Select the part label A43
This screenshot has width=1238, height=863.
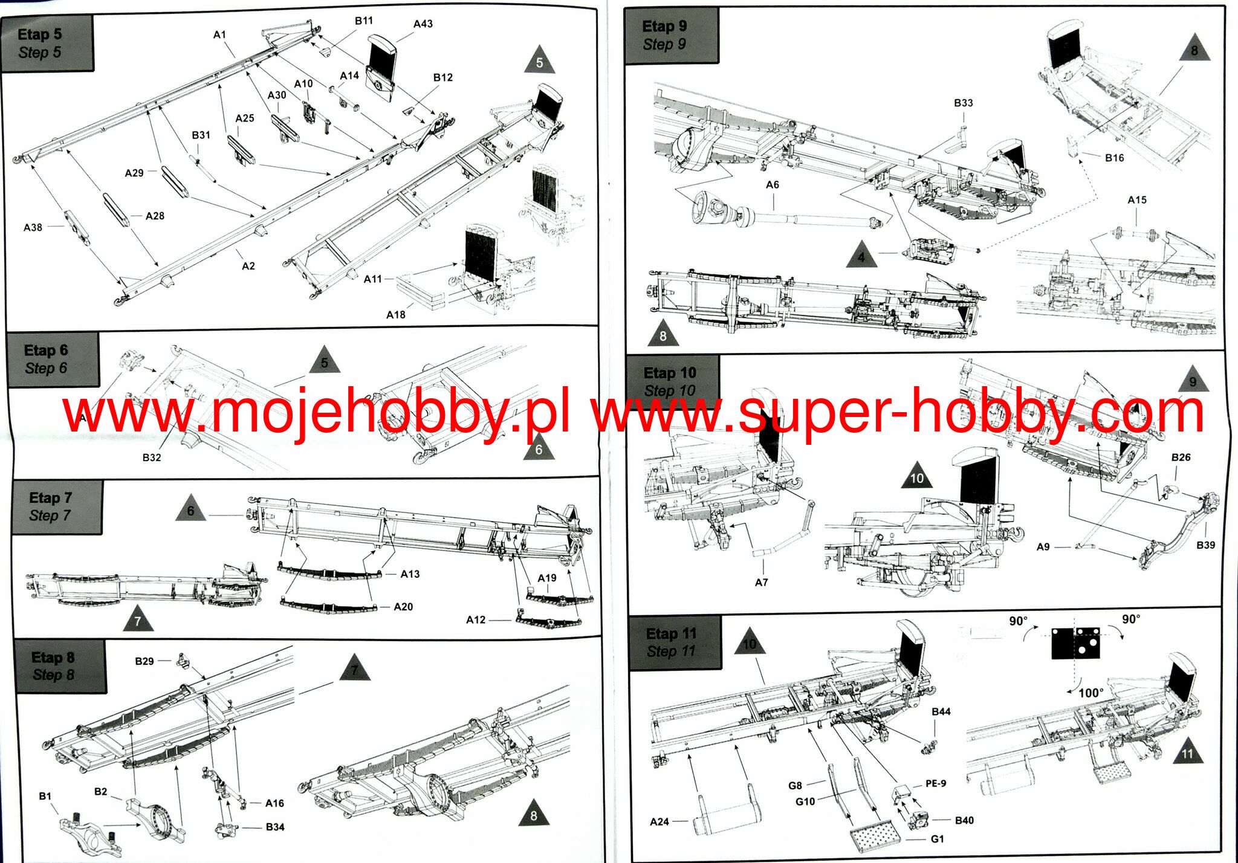coord(423,24)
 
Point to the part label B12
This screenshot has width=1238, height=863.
coord(442,78)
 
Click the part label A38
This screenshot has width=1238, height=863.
coord(33,228)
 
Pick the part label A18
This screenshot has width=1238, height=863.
coord(395,315)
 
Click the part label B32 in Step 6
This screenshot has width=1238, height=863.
coord(152,458)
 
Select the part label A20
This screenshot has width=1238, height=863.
coord(403,607)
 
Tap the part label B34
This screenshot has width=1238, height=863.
coord(275,827)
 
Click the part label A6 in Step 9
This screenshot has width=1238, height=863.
coord(773,185)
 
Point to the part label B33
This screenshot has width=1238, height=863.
coord(964,103)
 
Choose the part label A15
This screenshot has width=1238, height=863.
coord(1137,200)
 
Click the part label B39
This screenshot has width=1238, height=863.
coord(1205,545)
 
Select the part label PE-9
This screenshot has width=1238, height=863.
coord(936,784)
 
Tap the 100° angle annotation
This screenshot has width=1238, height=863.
coord(1091,693)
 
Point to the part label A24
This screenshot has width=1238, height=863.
coord(660,822)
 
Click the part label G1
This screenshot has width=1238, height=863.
coord(937,839)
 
